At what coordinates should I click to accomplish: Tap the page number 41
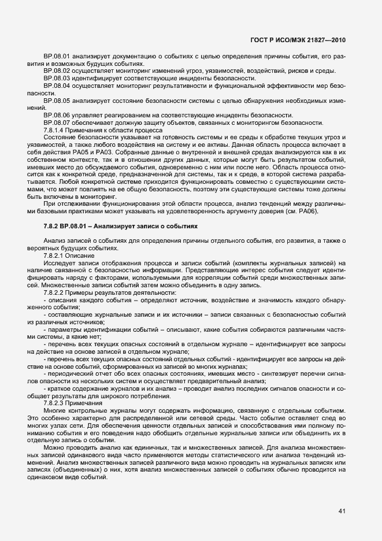[342, 510]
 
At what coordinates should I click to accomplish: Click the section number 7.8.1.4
[54, 129]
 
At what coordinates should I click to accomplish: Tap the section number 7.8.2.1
[54, 255]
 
